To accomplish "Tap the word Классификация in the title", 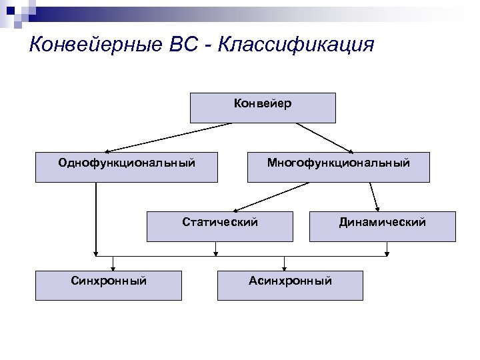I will point(296,45).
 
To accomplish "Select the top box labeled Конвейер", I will point(263,108).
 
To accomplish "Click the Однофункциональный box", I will point(127,167).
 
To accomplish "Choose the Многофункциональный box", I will point(338,167).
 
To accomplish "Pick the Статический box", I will point(219,227).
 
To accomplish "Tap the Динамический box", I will point(382,227).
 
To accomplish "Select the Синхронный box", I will point(108,285).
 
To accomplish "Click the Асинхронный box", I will point(290,285).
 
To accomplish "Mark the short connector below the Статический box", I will point(215,249).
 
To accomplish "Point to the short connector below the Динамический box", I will point(387,249).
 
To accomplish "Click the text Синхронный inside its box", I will point(108,281).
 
